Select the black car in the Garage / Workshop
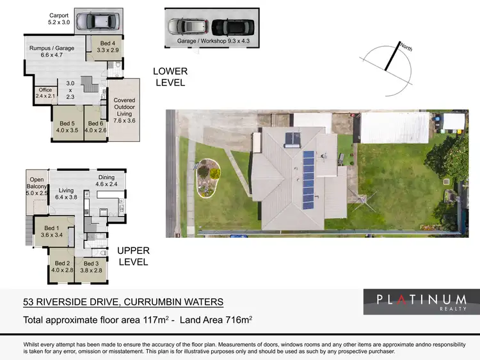coord(228,27)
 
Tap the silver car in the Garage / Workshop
coord(188,27)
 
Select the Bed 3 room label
coord(90,267)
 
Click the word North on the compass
coord(406,47)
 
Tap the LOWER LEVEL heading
coord(170,77)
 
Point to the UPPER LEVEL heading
coord(132,257)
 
